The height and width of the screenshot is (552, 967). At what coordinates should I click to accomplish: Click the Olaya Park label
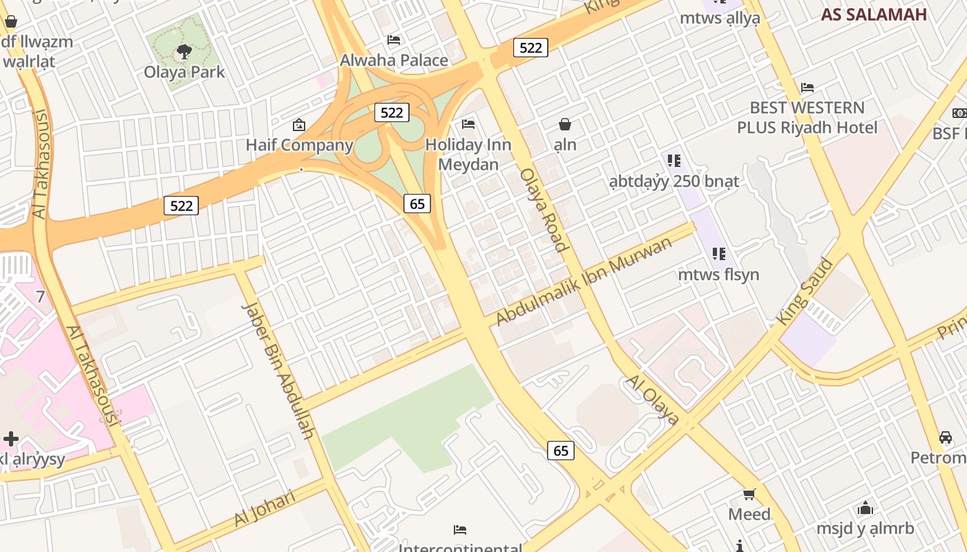click(x=184, y=72)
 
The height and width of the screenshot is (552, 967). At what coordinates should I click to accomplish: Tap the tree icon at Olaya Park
click(x=184, y=50)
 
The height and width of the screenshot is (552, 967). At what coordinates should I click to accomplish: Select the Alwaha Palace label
click(x=394, y=61)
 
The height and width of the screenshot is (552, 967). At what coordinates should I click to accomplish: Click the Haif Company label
click(x=300, y=146)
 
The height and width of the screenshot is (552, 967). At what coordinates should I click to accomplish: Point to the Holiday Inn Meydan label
click(x=468, y=155)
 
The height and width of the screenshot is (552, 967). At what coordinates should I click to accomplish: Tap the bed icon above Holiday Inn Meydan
click(x=468, y=124)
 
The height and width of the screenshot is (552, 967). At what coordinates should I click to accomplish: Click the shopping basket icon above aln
click(x=565, y=124)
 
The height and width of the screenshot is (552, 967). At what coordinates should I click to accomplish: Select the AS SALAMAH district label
click(x=874, y=14)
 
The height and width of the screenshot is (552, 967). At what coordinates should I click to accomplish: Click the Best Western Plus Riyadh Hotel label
click(x=807, y=118)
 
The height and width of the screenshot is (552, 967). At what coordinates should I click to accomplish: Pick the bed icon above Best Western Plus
click(x=807, y=88)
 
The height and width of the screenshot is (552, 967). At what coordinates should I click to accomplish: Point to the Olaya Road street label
click(x=544, y=209)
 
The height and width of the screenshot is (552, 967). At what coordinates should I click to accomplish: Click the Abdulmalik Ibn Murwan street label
click(x=584, y=281)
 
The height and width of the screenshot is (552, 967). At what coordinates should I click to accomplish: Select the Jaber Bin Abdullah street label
click(x=279, y=370)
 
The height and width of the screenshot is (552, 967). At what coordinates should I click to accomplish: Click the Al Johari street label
click(x=265, y=509)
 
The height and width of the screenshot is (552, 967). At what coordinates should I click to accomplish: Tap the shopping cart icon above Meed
click(x=749, y=494)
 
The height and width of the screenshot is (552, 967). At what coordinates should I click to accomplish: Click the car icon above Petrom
click(x=946, y=437)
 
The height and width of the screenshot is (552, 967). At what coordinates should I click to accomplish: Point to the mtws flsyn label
click(x=718, y=275)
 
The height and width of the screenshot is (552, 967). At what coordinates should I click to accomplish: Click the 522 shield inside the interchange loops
click(x=392, y=112)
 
